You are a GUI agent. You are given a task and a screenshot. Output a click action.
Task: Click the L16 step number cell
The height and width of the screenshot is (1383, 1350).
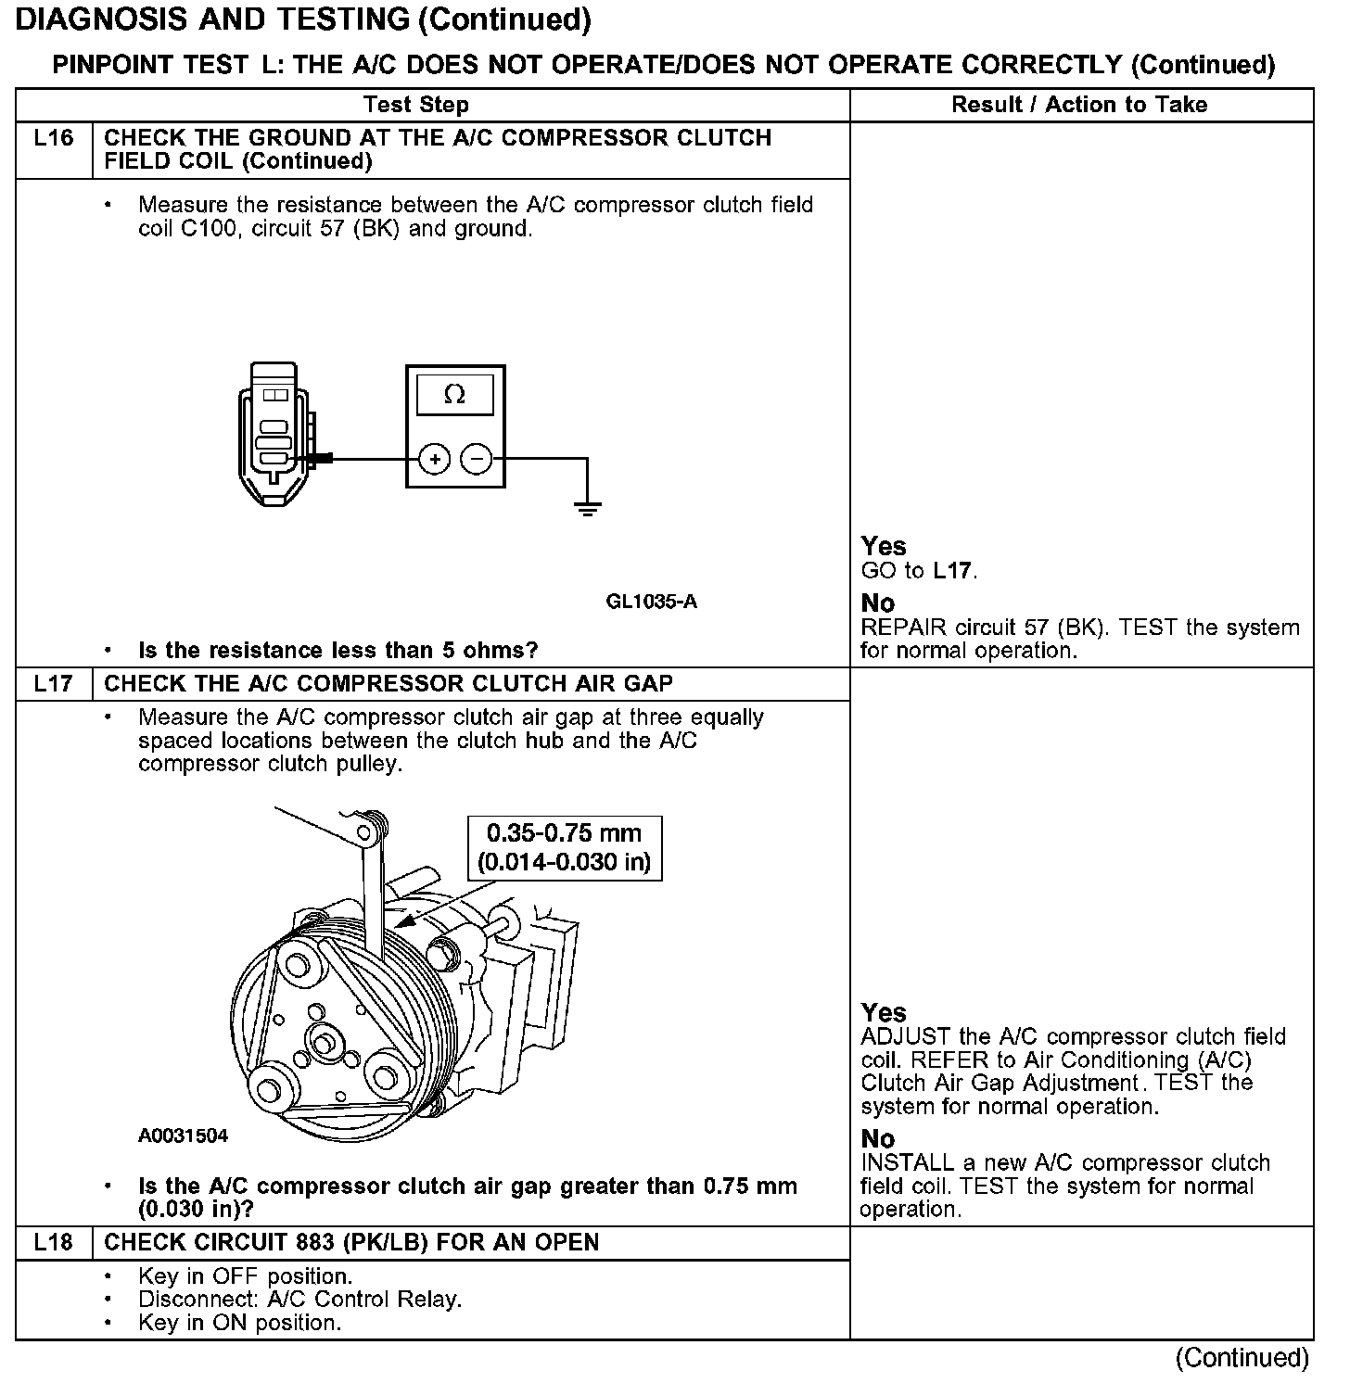53,139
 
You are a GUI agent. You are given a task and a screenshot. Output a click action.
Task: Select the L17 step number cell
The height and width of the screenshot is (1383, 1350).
53,684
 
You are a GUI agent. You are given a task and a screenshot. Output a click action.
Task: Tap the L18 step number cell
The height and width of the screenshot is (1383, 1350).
53,1243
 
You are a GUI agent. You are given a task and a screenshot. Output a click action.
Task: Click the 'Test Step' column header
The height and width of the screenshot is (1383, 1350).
416,105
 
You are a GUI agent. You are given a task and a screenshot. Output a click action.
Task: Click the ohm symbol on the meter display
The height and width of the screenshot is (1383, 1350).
454,395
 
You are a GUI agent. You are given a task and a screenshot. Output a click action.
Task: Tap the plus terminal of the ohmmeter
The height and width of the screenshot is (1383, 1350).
435,459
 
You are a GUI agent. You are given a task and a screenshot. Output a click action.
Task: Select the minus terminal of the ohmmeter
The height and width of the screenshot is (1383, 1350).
477,459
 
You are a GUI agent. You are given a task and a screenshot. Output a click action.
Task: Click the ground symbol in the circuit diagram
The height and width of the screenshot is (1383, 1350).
587,507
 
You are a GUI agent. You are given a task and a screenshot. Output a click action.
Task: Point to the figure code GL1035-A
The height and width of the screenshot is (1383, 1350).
652,602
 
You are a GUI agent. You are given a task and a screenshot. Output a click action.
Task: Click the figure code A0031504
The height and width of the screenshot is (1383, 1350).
183,1136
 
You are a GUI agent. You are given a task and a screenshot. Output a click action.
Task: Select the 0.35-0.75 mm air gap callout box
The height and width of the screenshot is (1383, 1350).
564,847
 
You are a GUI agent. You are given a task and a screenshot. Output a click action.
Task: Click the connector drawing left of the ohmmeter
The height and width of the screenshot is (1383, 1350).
275,434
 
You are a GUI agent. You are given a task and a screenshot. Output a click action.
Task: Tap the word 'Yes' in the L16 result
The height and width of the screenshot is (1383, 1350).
884,546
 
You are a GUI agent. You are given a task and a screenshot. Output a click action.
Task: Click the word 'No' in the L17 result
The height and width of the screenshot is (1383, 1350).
877,1138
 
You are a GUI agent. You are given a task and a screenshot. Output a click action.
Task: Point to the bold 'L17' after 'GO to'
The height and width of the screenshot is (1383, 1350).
953,571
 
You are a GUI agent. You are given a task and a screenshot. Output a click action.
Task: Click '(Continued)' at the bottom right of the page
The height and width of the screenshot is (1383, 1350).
1242,1358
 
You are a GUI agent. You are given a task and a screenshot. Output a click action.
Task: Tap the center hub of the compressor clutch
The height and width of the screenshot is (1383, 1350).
324,1045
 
